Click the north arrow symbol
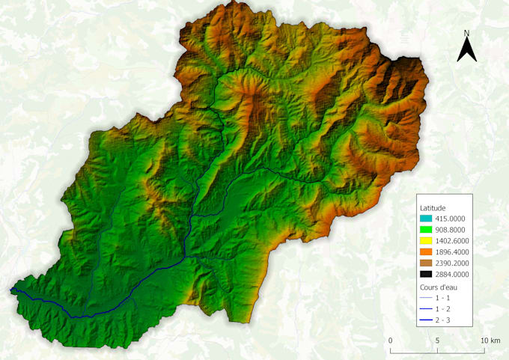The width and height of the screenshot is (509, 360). click(x=467, y=51)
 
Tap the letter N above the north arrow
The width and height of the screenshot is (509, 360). click(x=466, y=34)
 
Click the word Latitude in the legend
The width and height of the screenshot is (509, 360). click(x=434, y=207)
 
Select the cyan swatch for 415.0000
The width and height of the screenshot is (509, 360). click(x=427, y=218)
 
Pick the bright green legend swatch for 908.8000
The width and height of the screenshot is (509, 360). click(x=427, y=231)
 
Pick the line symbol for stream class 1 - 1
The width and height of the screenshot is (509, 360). click(x=427, y=298)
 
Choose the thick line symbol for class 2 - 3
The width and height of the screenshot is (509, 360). click(x=427, y=320)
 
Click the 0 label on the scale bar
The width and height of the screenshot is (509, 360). click(x=391, y=341)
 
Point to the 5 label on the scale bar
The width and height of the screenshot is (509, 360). click(x=437, y=341)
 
